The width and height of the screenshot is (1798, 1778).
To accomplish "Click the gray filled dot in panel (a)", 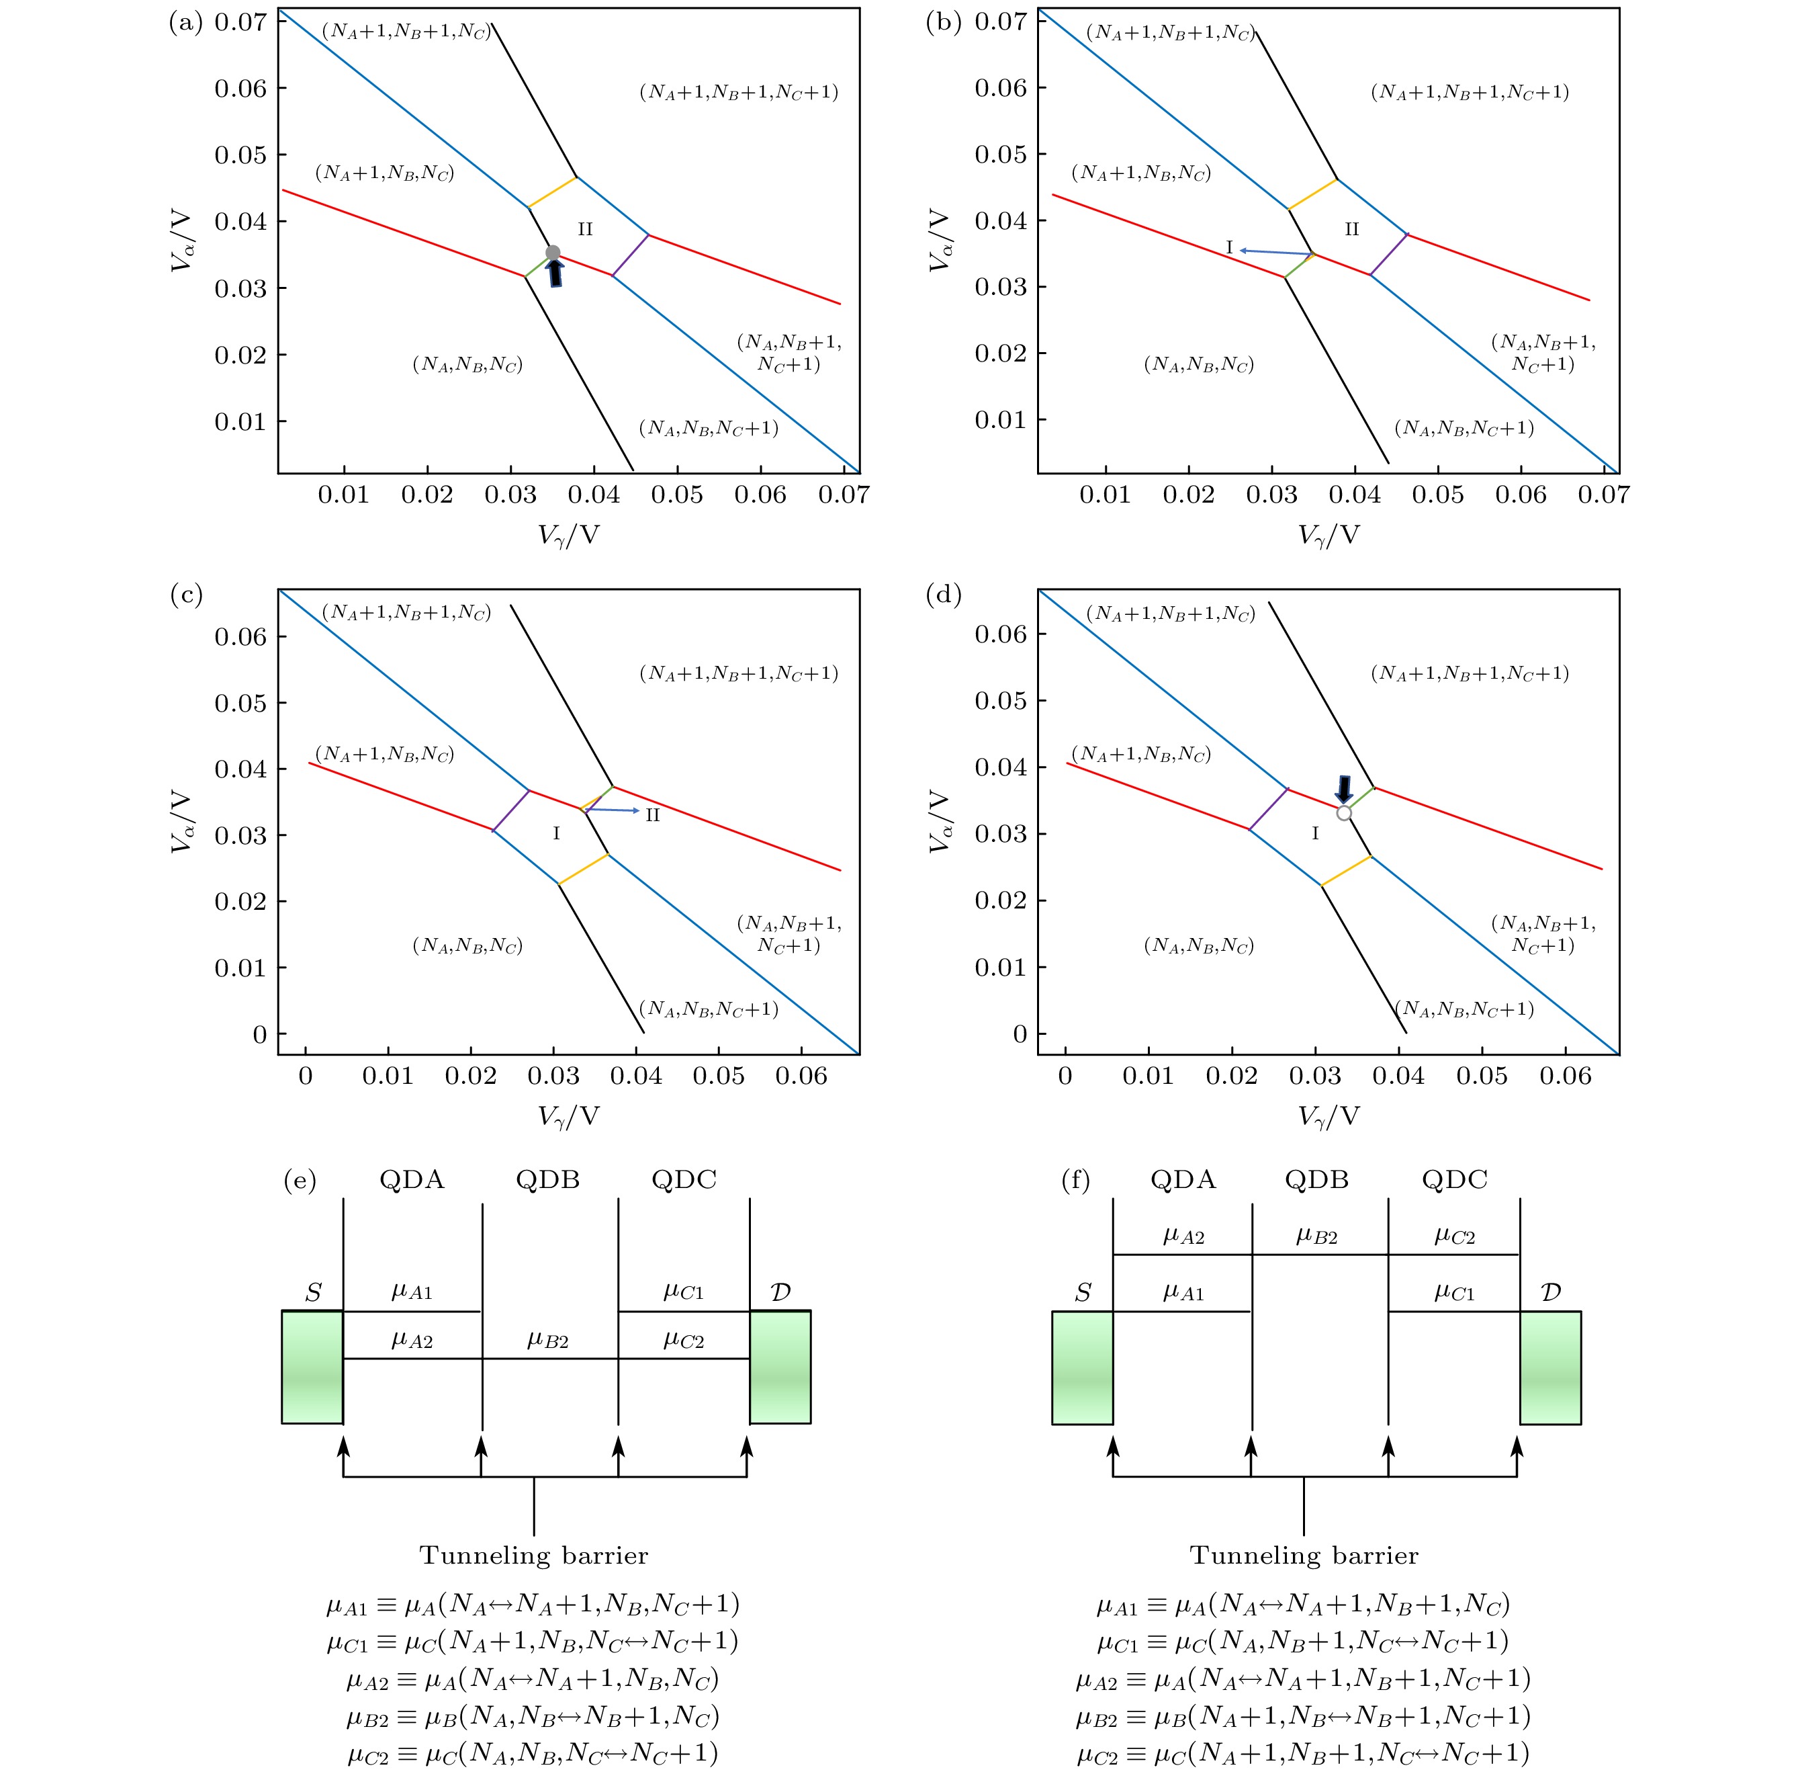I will tap(553, 252).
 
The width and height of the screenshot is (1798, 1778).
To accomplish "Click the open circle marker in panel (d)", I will tap(1344, 812).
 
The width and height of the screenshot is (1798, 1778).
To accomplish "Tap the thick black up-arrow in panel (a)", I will tap(555, 273).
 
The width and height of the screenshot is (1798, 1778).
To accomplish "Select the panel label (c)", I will tap(186, 595).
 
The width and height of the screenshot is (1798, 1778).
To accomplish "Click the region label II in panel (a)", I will tap(584, 229).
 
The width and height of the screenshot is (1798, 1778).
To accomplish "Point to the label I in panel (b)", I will tap(1228, 248).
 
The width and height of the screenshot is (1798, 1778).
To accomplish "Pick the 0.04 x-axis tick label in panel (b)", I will tap(1354, 495).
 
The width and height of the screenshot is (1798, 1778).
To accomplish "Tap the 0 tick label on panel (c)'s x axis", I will tap(305, 1076).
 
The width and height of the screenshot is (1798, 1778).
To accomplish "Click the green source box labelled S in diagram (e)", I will tap(313, 1367).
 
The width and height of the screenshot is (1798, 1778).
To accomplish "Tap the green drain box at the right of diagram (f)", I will tap(1550, 1367).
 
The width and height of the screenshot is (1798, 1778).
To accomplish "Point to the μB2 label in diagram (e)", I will tap(547, 1341).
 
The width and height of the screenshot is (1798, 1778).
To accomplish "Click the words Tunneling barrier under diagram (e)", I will tap(533, 1556).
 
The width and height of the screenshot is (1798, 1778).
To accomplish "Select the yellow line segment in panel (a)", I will tap(553, 192).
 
